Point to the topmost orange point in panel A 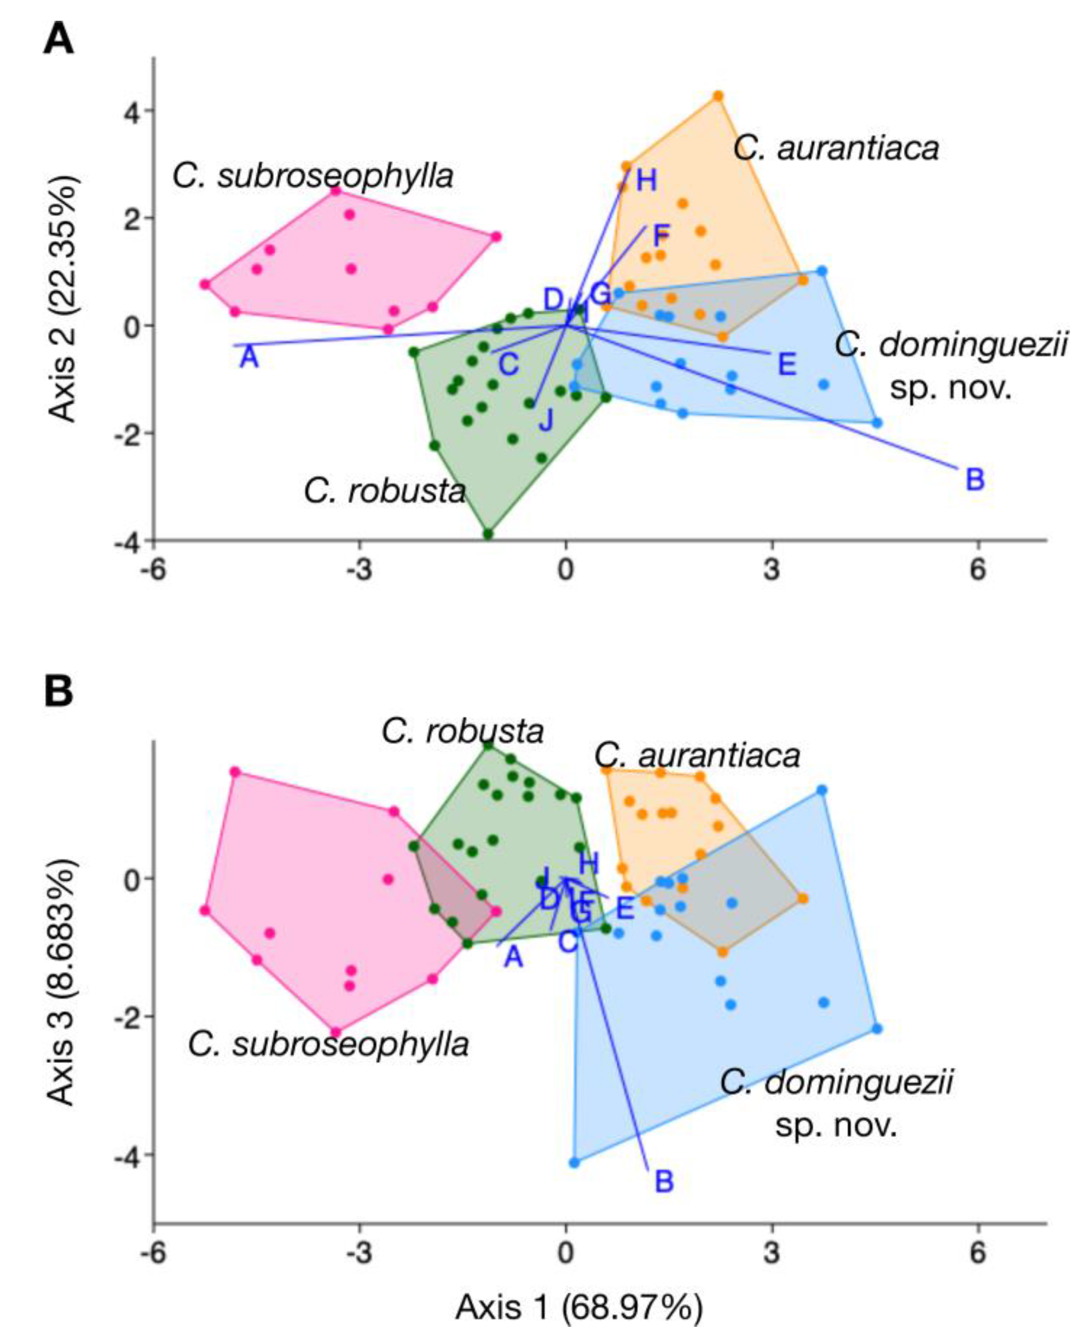pos(718,96)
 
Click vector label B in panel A pos(974,480)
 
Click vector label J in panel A pos(546,420)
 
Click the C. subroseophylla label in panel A pos(313,176)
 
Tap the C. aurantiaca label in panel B pos(697,755)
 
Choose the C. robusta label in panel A pos(385,492)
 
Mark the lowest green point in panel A pos(488,534)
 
